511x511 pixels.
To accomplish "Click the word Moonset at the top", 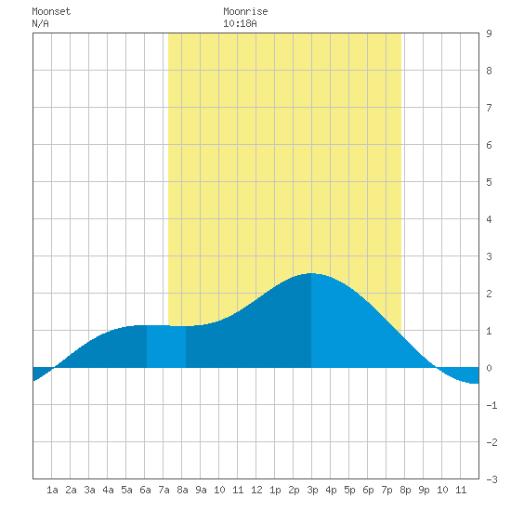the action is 51,11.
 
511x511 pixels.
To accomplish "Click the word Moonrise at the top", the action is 245,11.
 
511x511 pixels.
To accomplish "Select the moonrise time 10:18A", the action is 240,23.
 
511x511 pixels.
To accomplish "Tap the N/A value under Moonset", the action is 40,23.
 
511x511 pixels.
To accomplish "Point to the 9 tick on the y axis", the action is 489,33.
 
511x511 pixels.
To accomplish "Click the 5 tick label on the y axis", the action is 489,182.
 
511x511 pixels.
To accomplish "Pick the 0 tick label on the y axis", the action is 489,368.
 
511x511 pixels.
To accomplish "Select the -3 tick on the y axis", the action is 491,479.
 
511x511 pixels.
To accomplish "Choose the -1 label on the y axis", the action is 491,405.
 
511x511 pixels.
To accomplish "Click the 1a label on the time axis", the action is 52,490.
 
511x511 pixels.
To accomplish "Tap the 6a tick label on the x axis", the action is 145,490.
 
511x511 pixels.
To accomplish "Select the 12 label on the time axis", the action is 256,490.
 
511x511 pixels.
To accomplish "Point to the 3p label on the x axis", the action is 312,490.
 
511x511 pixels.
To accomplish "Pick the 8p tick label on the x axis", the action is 405,490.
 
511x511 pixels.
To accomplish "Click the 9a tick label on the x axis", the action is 201,490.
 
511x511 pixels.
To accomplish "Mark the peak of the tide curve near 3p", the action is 311,273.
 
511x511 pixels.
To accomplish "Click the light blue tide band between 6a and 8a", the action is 166,347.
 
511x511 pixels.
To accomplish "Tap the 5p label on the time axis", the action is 349,490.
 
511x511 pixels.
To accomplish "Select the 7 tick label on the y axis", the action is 489,108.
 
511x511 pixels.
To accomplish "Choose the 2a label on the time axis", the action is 71,490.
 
